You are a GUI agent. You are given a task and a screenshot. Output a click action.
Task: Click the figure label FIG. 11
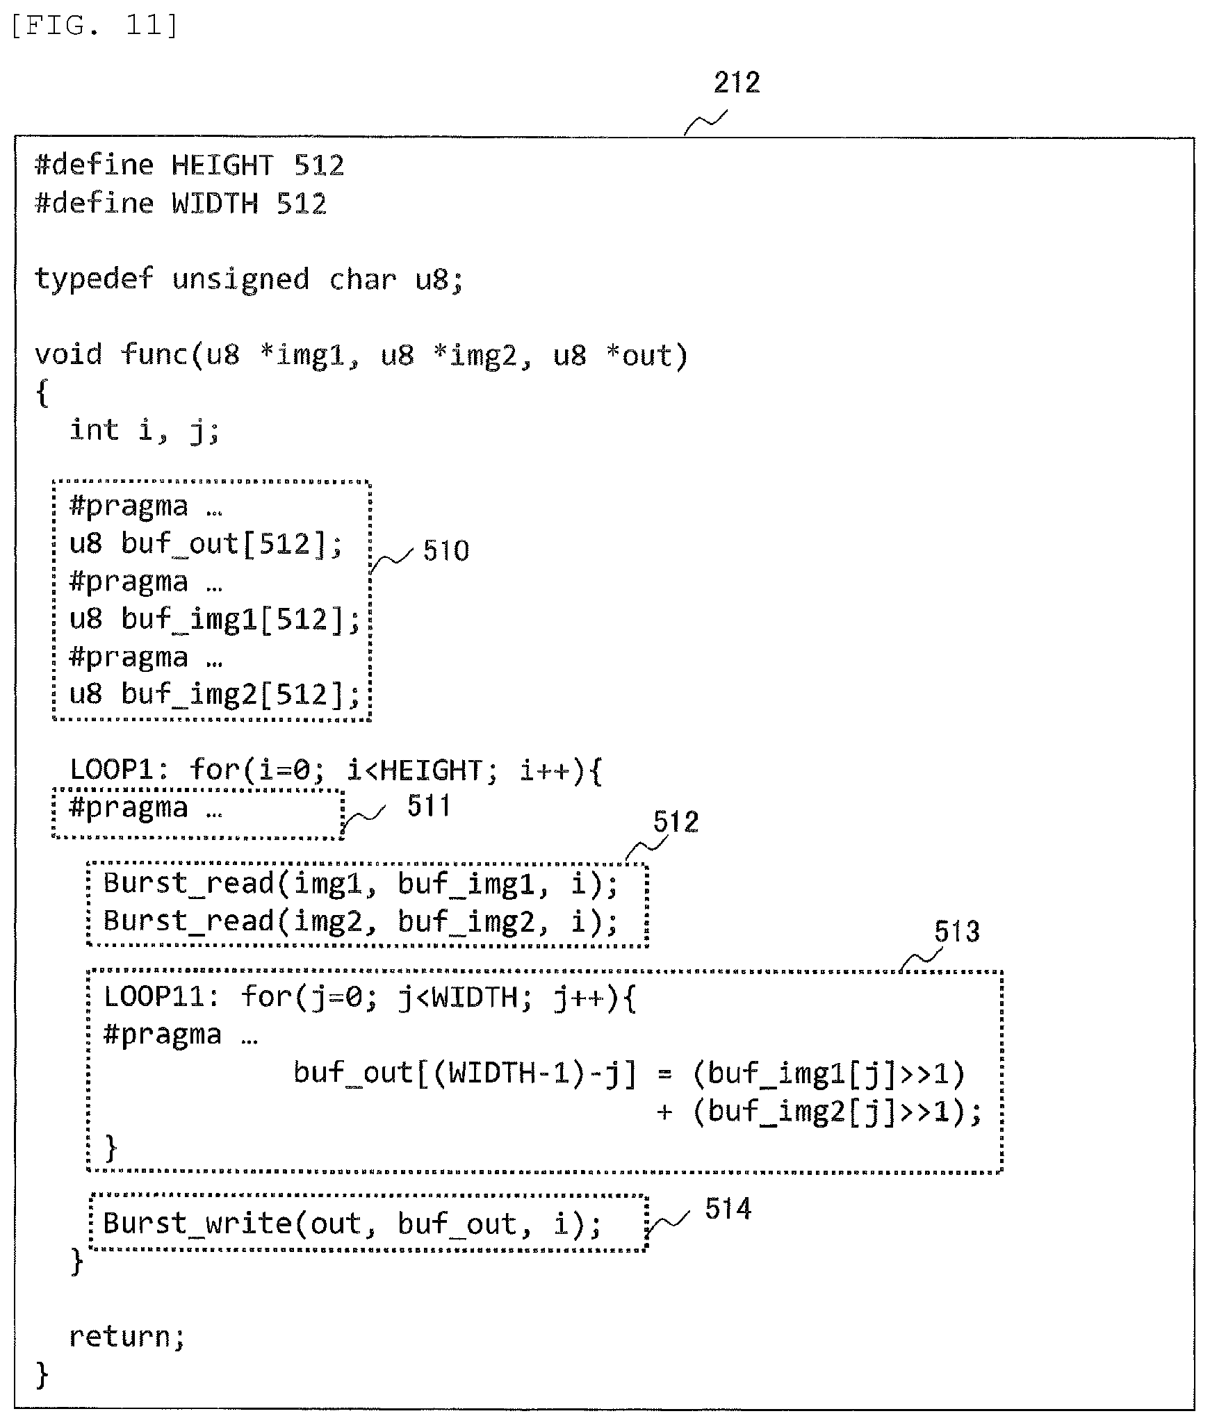(95, 26)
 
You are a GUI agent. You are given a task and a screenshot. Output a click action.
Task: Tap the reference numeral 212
(737, 83)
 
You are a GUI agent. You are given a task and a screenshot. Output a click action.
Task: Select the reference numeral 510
(446, 551)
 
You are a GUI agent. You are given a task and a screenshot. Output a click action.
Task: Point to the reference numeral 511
(429, 806)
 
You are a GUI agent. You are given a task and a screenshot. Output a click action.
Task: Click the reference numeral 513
(956, 932)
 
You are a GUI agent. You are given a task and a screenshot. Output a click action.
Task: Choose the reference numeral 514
(728, 1209)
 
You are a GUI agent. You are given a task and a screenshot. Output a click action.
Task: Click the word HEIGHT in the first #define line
(222, 165)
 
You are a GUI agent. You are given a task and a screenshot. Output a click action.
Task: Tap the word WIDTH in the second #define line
(215, 204)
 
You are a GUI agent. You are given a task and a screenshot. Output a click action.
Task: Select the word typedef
(94, 279)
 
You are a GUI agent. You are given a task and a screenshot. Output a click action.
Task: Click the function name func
(154, 354)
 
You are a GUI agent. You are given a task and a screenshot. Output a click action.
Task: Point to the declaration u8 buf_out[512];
(206, 544)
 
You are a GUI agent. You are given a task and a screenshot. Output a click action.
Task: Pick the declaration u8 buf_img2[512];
(215, 695)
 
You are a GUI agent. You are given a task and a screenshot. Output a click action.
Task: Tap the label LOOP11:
(162, 997)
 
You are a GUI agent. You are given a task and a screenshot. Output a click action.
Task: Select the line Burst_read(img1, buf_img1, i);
(361, 884)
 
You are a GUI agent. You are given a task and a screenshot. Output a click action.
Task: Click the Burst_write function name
(197, 1224)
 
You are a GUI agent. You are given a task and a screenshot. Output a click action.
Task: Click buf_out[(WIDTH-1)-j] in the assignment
(464, 1073)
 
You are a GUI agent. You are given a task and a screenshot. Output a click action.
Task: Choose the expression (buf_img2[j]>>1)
(829, 1112)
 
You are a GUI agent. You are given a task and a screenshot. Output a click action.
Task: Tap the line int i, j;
(145, 431)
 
